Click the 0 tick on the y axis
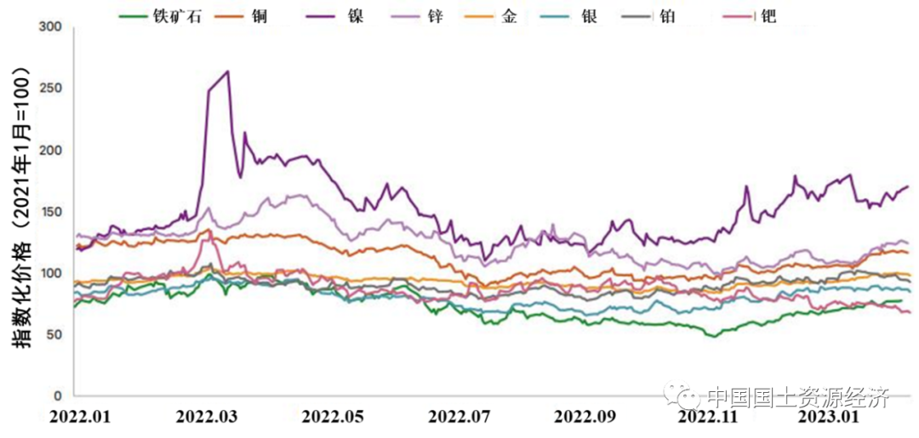pos(59,396)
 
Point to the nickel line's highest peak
pos(227,71)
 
